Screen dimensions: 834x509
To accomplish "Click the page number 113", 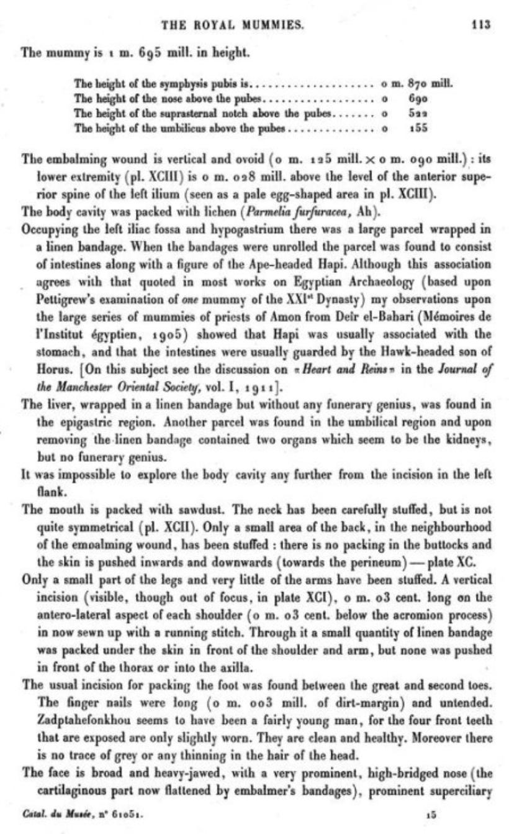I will (x=481, y=25).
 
